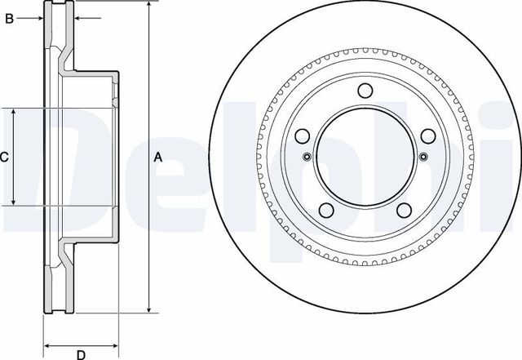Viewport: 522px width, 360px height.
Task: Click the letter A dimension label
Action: pos(158,157)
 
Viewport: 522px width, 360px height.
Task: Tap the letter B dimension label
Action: pos(9,18)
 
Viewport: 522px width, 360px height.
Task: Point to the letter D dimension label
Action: pos(81,353)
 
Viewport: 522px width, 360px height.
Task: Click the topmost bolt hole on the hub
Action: pos(365,91)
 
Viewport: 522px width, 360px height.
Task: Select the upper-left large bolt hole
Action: pos(303,136)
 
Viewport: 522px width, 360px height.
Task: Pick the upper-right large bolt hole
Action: pos(427,136)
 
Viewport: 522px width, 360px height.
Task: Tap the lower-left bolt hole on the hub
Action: pos(326,210)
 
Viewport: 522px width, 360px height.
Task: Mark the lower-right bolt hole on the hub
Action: pos(403,210)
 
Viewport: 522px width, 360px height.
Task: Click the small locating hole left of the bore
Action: pos(307,158)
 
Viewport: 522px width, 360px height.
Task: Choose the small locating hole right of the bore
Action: pos(422,158)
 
